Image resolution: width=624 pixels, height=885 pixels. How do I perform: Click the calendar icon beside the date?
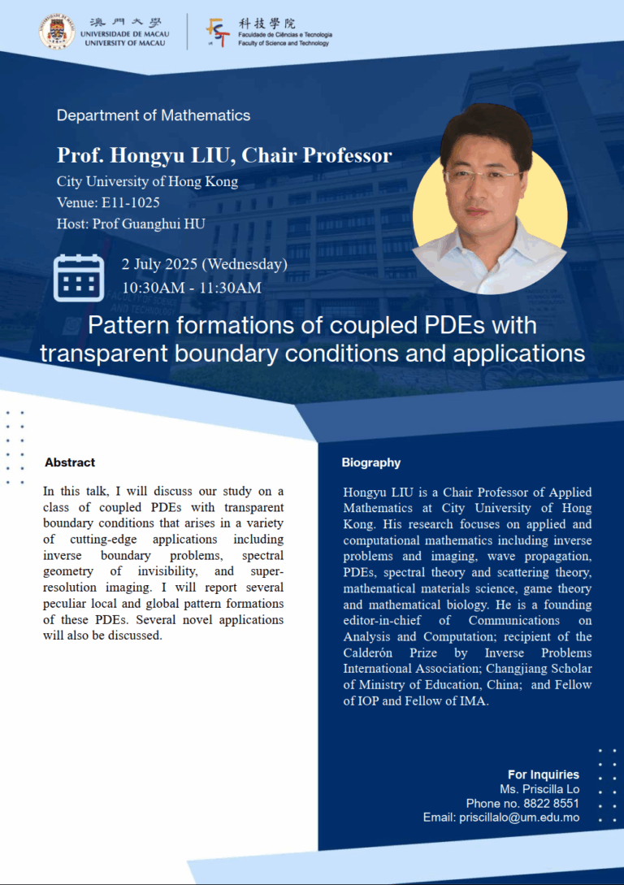coord(78,277)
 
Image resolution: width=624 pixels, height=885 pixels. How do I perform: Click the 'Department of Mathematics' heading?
coord(154,115)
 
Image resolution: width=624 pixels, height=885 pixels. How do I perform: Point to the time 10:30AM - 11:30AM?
coord(192,288)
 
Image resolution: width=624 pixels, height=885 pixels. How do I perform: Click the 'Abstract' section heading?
coord(70,462)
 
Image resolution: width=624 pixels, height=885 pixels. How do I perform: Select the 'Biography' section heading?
coord(371,462)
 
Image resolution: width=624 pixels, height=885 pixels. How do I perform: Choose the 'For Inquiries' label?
coord(544,774)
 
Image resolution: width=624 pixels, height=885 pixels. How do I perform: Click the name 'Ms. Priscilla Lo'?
coord(539,789)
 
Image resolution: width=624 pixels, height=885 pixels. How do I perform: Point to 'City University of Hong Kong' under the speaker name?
coord(147,181)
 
